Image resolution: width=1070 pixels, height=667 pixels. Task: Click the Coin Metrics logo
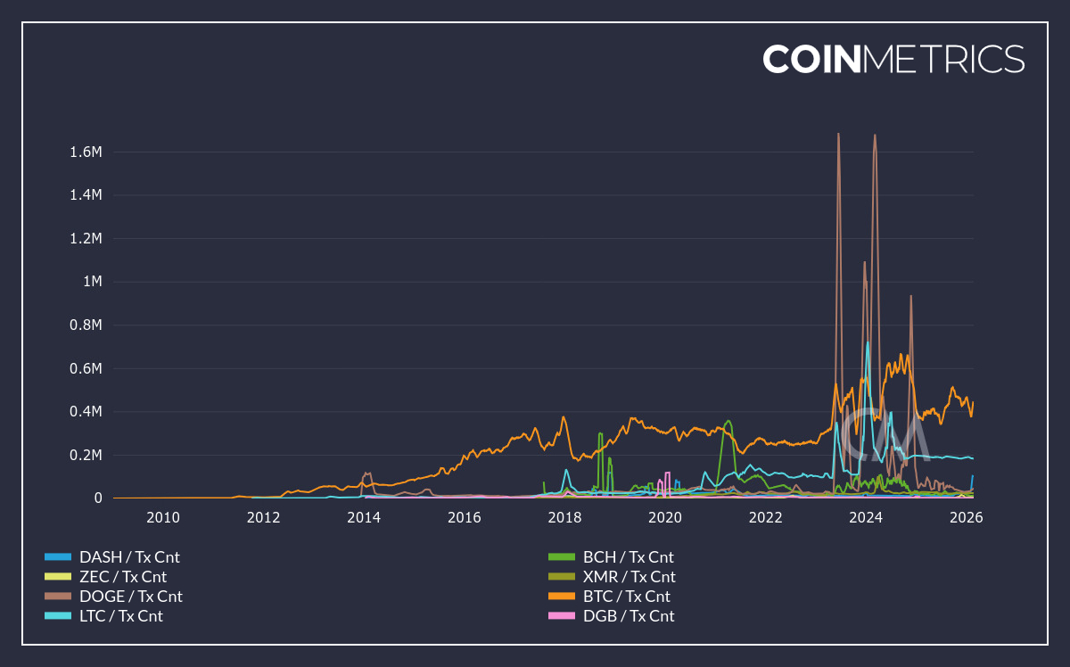pyautogui.click(x=893, y=59)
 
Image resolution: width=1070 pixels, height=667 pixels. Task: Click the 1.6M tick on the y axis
pyautogui.click(x=86, y=152)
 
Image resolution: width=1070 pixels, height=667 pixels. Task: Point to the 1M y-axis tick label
pyautogui.click(x=93, y=282)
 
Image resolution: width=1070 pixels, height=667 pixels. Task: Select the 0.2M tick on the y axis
pyautogui.click(x=86, y=456)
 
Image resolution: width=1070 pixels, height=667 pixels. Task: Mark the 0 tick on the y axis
pyautogui.click(x=98, y=498)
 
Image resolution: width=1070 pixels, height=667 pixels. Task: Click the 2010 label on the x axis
pyautogui.click(x=163, y=518)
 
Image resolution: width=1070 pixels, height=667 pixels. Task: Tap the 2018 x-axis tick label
pyautogui.click(x=564, y=518)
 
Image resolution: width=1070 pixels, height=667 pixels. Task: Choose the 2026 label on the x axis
pyautogui.click(x=966, y=518)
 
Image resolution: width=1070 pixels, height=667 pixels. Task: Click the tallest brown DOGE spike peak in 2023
pyautogui.click(x=838, y=135)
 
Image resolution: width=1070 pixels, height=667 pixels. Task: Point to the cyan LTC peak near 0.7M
pyautogui.click(x=868, y=342)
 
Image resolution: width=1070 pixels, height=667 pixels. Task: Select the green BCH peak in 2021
pyautogui.click(x=728, y=421)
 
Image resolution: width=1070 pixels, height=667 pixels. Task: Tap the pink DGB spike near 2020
pyautogui.click(x=667, y=473)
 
